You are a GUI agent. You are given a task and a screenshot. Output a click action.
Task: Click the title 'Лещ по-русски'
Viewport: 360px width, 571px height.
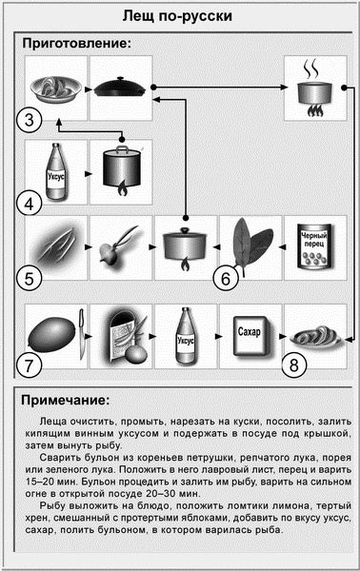tap(179, 17)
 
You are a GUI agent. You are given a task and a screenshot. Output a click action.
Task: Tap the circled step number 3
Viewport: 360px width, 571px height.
tap(30, 120)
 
